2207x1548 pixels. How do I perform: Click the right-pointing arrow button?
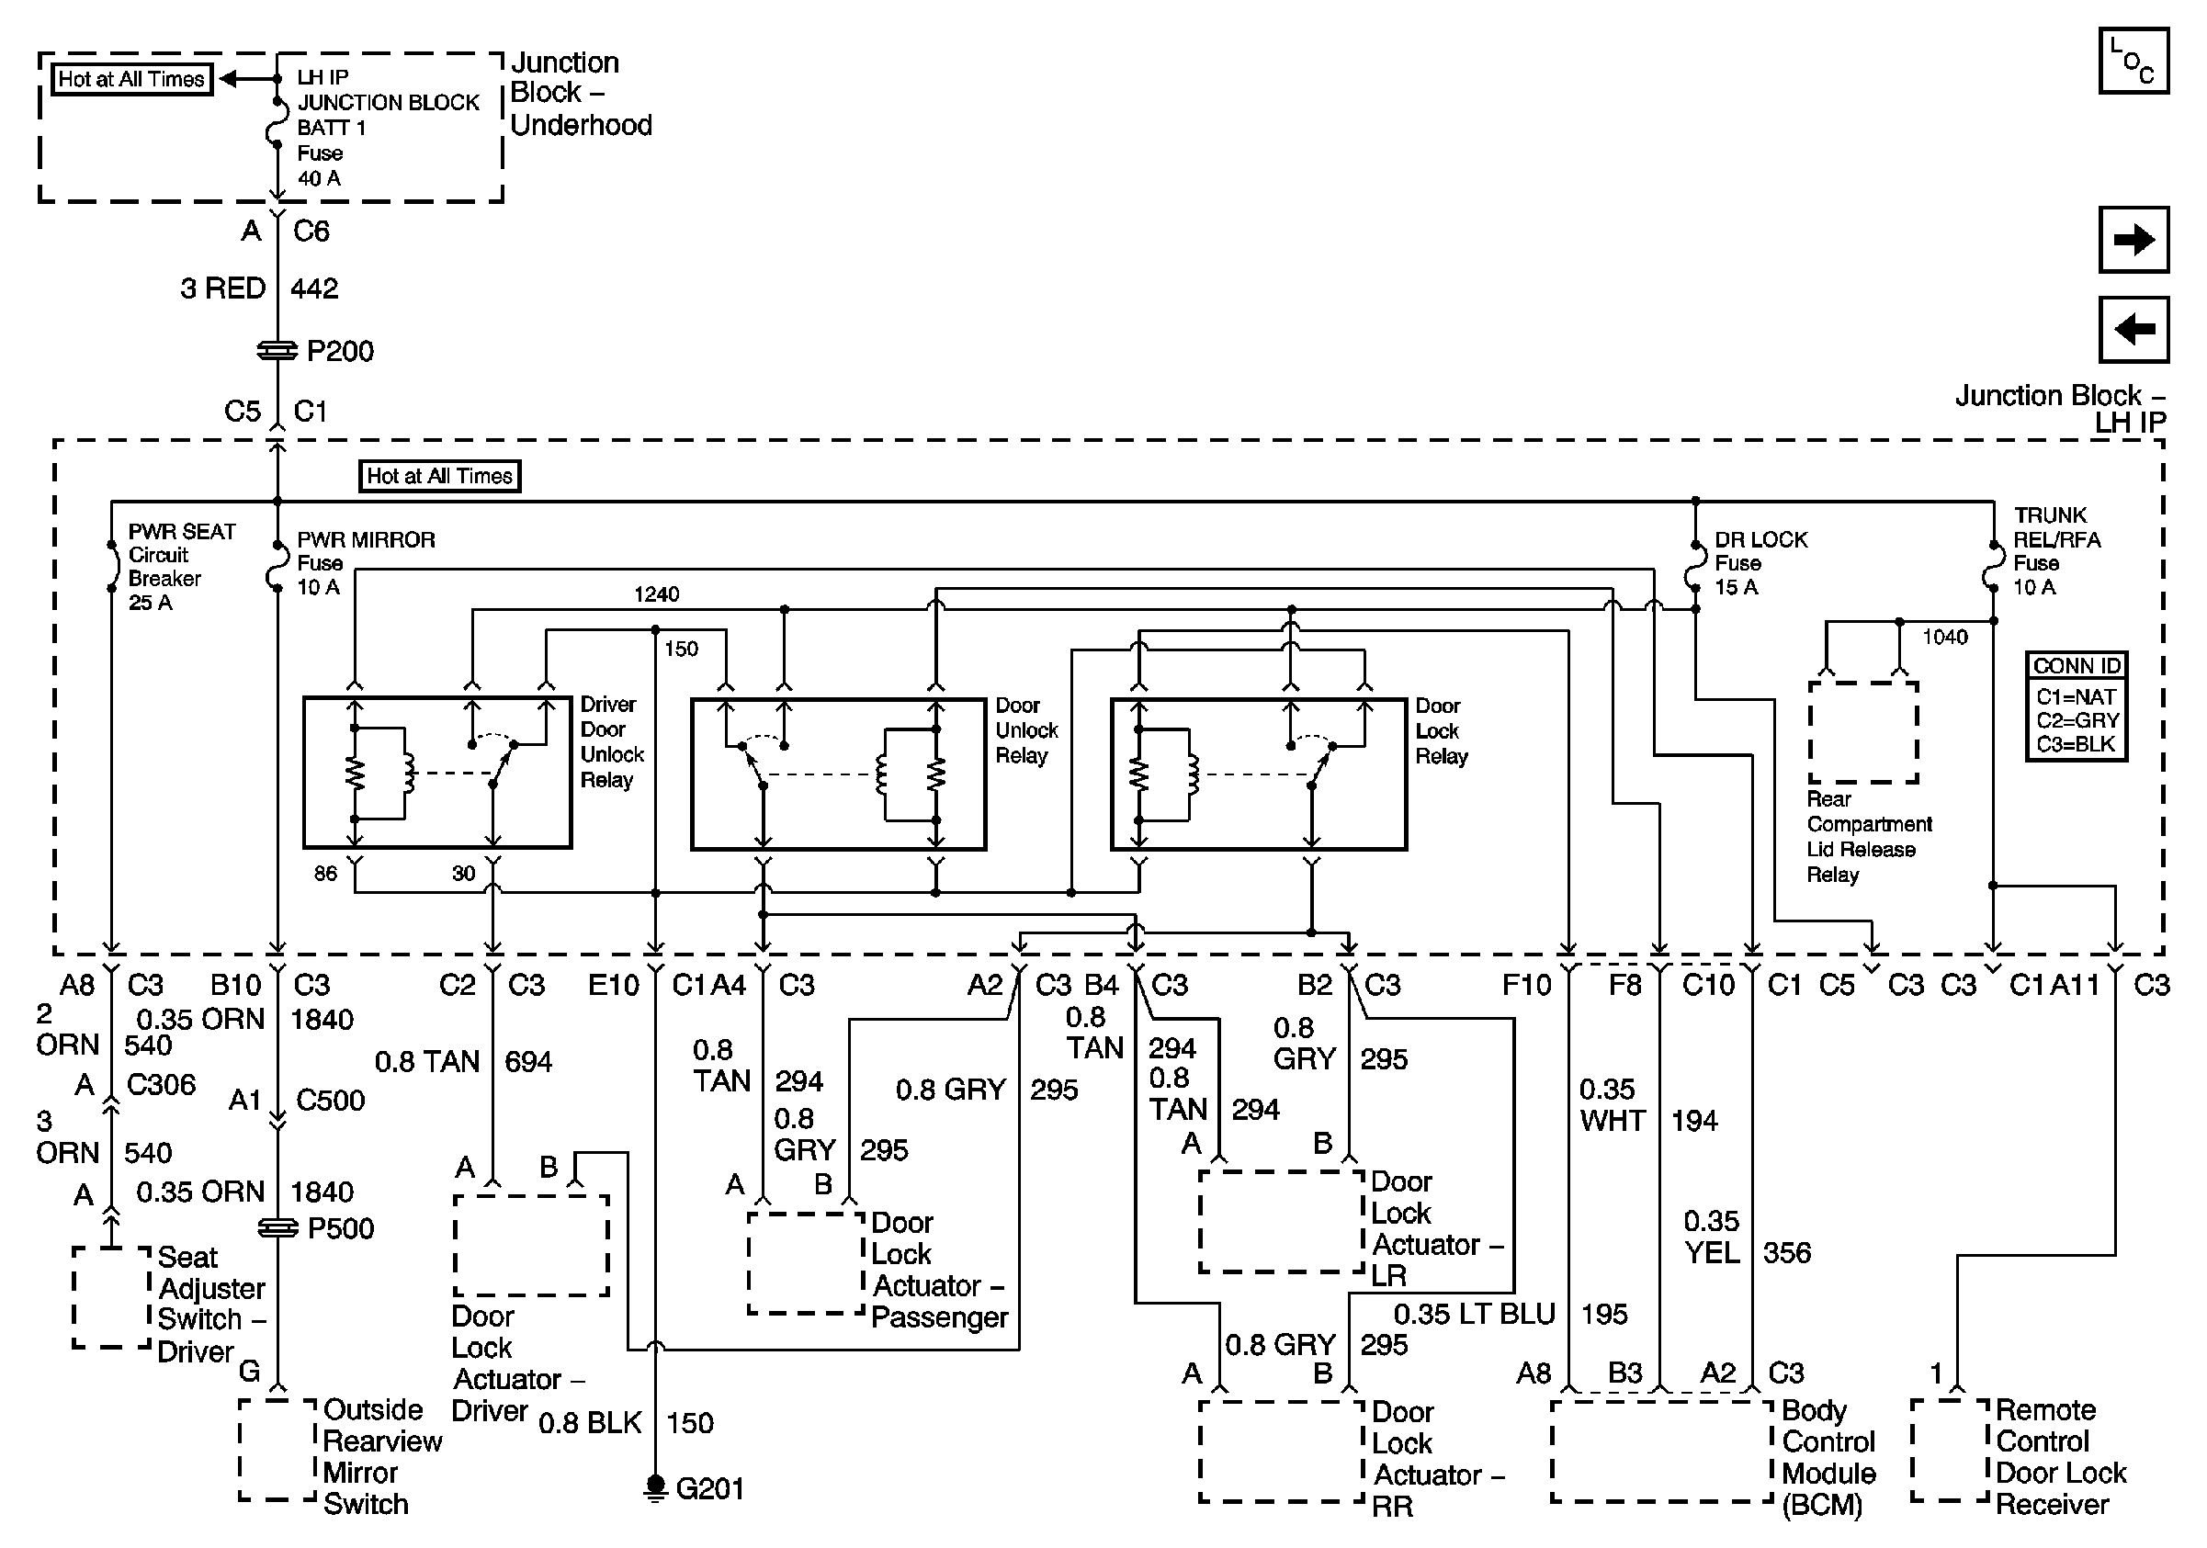(2132, 239)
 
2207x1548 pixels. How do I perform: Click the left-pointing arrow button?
(2132, 330)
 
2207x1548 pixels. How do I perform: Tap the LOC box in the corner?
(2132, 61)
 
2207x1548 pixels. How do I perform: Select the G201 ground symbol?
(654, 1487)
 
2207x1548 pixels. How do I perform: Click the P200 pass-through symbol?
(277, 351)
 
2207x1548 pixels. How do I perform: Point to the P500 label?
(340, 1228)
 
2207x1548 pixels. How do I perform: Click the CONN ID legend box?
(2076, 706)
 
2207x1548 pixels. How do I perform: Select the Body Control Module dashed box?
(1661, 1451)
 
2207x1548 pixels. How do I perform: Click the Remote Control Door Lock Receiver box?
(1950, 1451)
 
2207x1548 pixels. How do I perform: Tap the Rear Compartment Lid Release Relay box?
(1862, 732)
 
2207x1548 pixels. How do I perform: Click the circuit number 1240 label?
(657, 593)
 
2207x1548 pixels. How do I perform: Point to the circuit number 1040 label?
(1943, 637)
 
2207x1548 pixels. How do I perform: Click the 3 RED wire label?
(222, 288)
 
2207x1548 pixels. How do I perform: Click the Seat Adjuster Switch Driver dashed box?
(112, 1297)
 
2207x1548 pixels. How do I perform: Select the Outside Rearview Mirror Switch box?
(277, 1451)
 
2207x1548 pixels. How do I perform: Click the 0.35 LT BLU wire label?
(1474, 1315)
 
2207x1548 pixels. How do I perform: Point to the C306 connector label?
(161, 1085)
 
